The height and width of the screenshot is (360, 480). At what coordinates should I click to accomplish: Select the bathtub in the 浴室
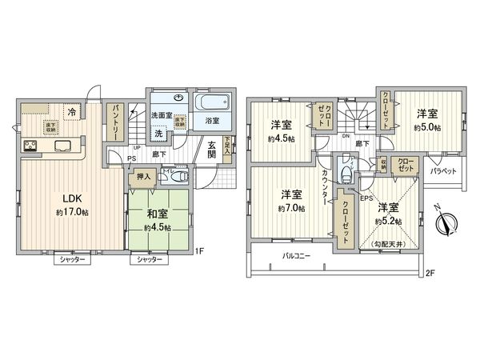[x=214, y=103]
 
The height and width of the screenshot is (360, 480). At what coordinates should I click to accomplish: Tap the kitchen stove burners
[x=30, y=146]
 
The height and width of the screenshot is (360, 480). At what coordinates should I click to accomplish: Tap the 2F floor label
[x=430, y=273]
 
